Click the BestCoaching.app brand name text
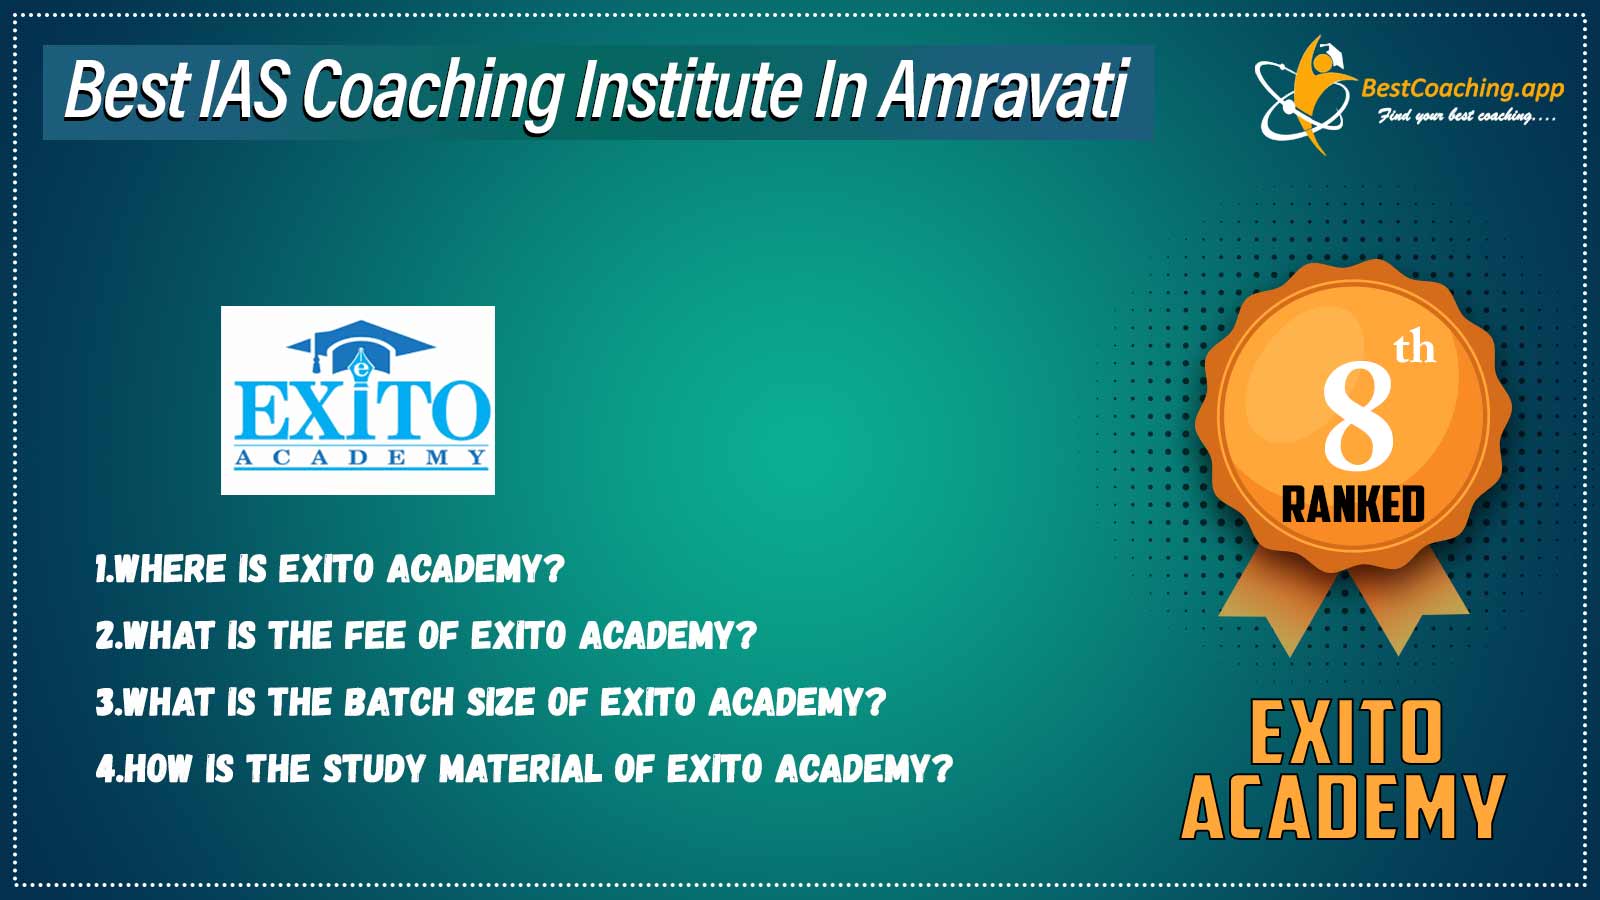click(x=1462, y=89)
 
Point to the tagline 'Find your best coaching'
click(x=1466, y=116)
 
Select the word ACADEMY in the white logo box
click(x=361, y=458)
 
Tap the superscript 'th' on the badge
click(x=1414, y=349)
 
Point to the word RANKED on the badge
click(x=1353, y=504)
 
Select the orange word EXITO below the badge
click(x=1346, y=731)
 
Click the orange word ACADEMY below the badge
click(x=1343, y=807)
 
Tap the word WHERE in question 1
click(x=171, y=569)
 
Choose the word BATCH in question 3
click(x=399, y=702)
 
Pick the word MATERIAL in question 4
click(x=520, y=769)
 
